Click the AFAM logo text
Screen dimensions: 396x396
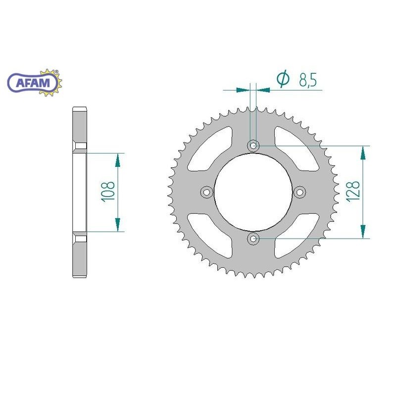click(x=33, y=83)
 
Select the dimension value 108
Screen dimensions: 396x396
click(x=108, y=192)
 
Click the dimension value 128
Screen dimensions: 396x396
click(x=353, y=191)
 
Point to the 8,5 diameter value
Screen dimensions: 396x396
click(x=307, y=80)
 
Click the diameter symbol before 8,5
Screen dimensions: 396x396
click(x=283, y=79)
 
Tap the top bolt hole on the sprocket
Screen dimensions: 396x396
click(x=253, y=146)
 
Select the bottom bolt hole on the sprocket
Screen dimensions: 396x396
click(x=253, y=239)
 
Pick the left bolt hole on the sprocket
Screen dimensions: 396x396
click(x=206, y=192)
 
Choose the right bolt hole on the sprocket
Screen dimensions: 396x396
click(x=300, y=192)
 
